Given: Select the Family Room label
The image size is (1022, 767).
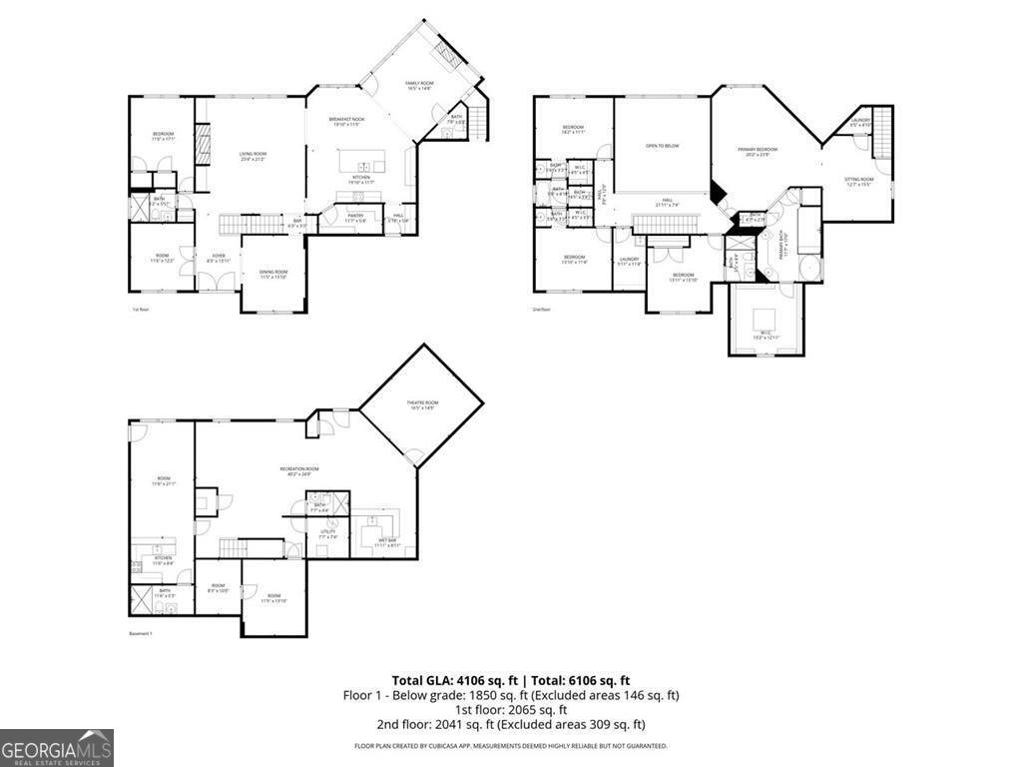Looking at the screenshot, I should tap(419, 84).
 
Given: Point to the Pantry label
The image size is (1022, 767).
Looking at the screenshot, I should tap(355, 215).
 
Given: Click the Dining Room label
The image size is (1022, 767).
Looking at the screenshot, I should tap(273, 273).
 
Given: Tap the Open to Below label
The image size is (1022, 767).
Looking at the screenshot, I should tap(662, 146).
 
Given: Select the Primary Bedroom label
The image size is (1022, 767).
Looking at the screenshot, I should tap(758, 150).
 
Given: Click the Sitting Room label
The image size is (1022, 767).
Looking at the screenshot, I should tap(859, 181).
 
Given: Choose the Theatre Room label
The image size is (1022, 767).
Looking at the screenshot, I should tap(421, 403).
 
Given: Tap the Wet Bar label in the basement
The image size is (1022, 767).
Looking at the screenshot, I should tap(386, 541).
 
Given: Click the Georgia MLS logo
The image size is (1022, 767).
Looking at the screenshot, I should tap(57, 748).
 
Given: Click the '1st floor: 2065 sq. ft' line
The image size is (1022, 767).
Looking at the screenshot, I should tap(510, 709).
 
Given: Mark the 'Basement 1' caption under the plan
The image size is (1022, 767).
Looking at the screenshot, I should tap(141, 634).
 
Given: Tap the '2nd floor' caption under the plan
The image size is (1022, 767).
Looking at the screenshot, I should tap(542, 310).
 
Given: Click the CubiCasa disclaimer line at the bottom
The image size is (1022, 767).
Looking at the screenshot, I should tap(510, 746).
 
